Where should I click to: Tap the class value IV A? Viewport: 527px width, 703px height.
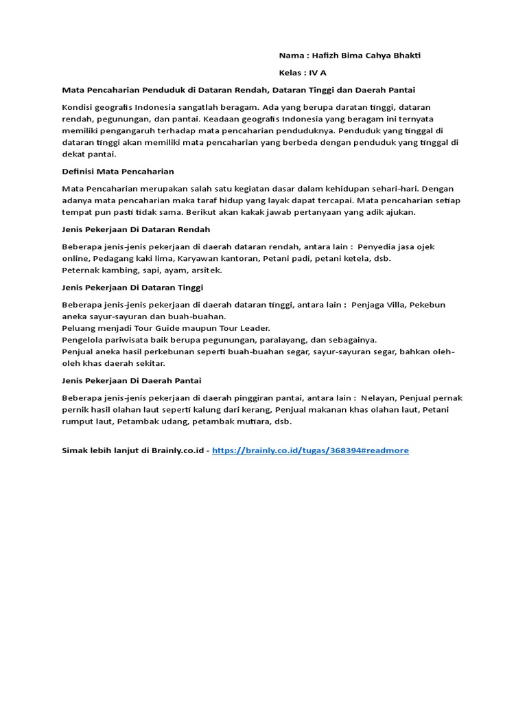coord(318,72)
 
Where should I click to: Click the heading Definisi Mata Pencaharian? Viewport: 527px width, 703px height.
coord(117,171)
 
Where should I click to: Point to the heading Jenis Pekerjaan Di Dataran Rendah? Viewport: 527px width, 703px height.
coord(136,229)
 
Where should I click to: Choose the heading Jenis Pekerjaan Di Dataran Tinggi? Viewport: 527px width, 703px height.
coord(132,287)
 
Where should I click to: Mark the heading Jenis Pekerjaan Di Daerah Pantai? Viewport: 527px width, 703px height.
coord(132,380)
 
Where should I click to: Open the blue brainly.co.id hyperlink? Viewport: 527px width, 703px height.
coord(310,450)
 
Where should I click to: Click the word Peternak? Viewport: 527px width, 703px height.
coord(82,270)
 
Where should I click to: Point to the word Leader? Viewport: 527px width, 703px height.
coord(255,328)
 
